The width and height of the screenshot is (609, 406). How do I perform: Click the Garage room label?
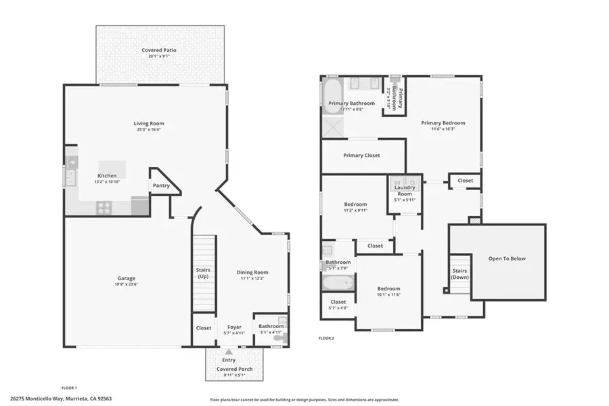[x=127, y=278]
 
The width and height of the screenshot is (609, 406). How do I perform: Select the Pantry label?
[x=161, y=185]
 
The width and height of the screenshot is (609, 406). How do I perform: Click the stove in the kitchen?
[x=104, y=208]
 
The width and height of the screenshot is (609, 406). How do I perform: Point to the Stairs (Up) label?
[x=203, y=273]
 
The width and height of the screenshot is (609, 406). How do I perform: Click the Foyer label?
[x=234, y=327]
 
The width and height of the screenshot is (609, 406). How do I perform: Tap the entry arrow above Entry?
[x=229, y=352]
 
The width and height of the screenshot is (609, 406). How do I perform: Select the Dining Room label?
[x=252, y=273]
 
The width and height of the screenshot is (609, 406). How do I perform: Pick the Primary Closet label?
[x=361, y=156]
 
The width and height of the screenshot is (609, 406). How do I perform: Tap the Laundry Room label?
[x=405, y=190]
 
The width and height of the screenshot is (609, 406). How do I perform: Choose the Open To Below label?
[x=507, y=258]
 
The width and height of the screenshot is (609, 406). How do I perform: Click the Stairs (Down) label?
[x=460, y=274]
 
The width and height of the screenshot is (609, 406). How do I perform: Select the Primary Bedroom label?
[x=443, y=123]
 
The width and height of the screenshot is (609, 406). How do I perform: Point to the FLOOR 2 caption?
[x=326, y=338]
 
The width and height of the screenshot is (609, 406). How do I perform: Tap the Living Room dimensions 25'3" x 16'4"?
[x=149, y=130]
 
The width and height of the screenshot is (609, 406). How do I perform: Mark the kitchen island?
[x=112, y=169]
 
